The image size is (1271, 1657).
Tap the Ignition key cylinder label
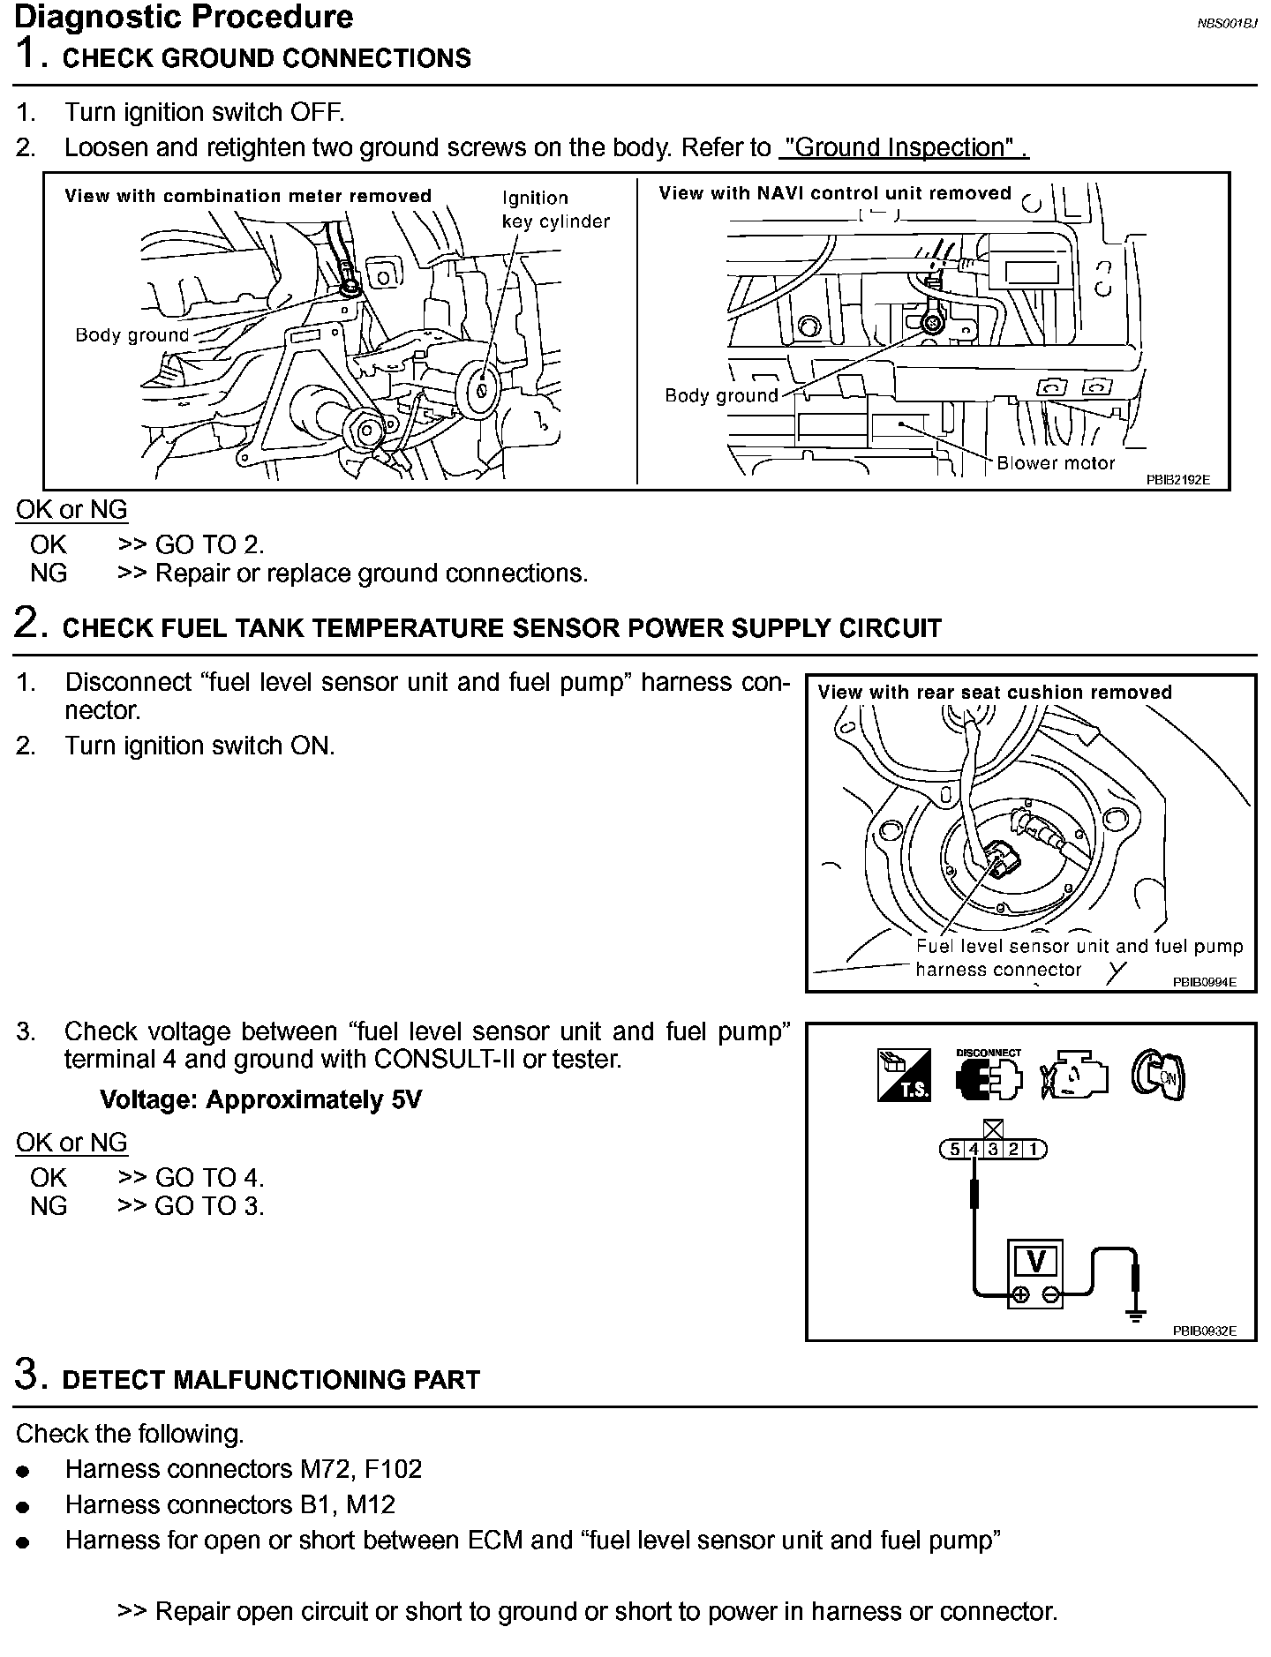click(x=555, y=210)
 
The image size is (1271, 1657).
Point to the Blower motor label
click(x=1056, y=463)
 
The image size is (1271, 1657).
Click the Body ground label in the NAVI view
click(x=721, y=396)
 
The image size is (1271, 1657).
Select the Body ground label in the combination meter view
click(x=132, y=335)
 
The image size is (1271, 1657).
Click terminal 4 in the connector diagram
click(x=974, y=1150)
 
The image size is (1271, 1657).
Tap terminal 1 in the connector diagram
click(x=1034, y=1150)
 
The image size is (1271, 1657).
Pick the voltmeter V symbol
click(x=1036, y=1262)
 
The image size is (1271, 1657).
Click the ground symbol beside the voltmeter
click(x=1137, y=1315)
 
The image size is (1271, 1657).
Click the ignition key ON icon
click(x=1158, y=1076)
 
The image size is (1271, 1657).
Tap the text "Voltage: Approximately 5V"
click(x=260, y=1100)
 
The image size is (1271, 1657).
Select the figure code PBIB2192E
click(x=1177, y=480)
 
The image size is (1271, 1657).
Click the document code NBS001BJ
click(x=1226, y=24)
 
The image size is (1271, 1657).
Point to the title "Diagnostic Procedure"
click(x=184, y=17)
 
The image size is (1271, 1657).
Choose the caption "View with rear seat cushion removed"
click(x=995, y=693)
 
